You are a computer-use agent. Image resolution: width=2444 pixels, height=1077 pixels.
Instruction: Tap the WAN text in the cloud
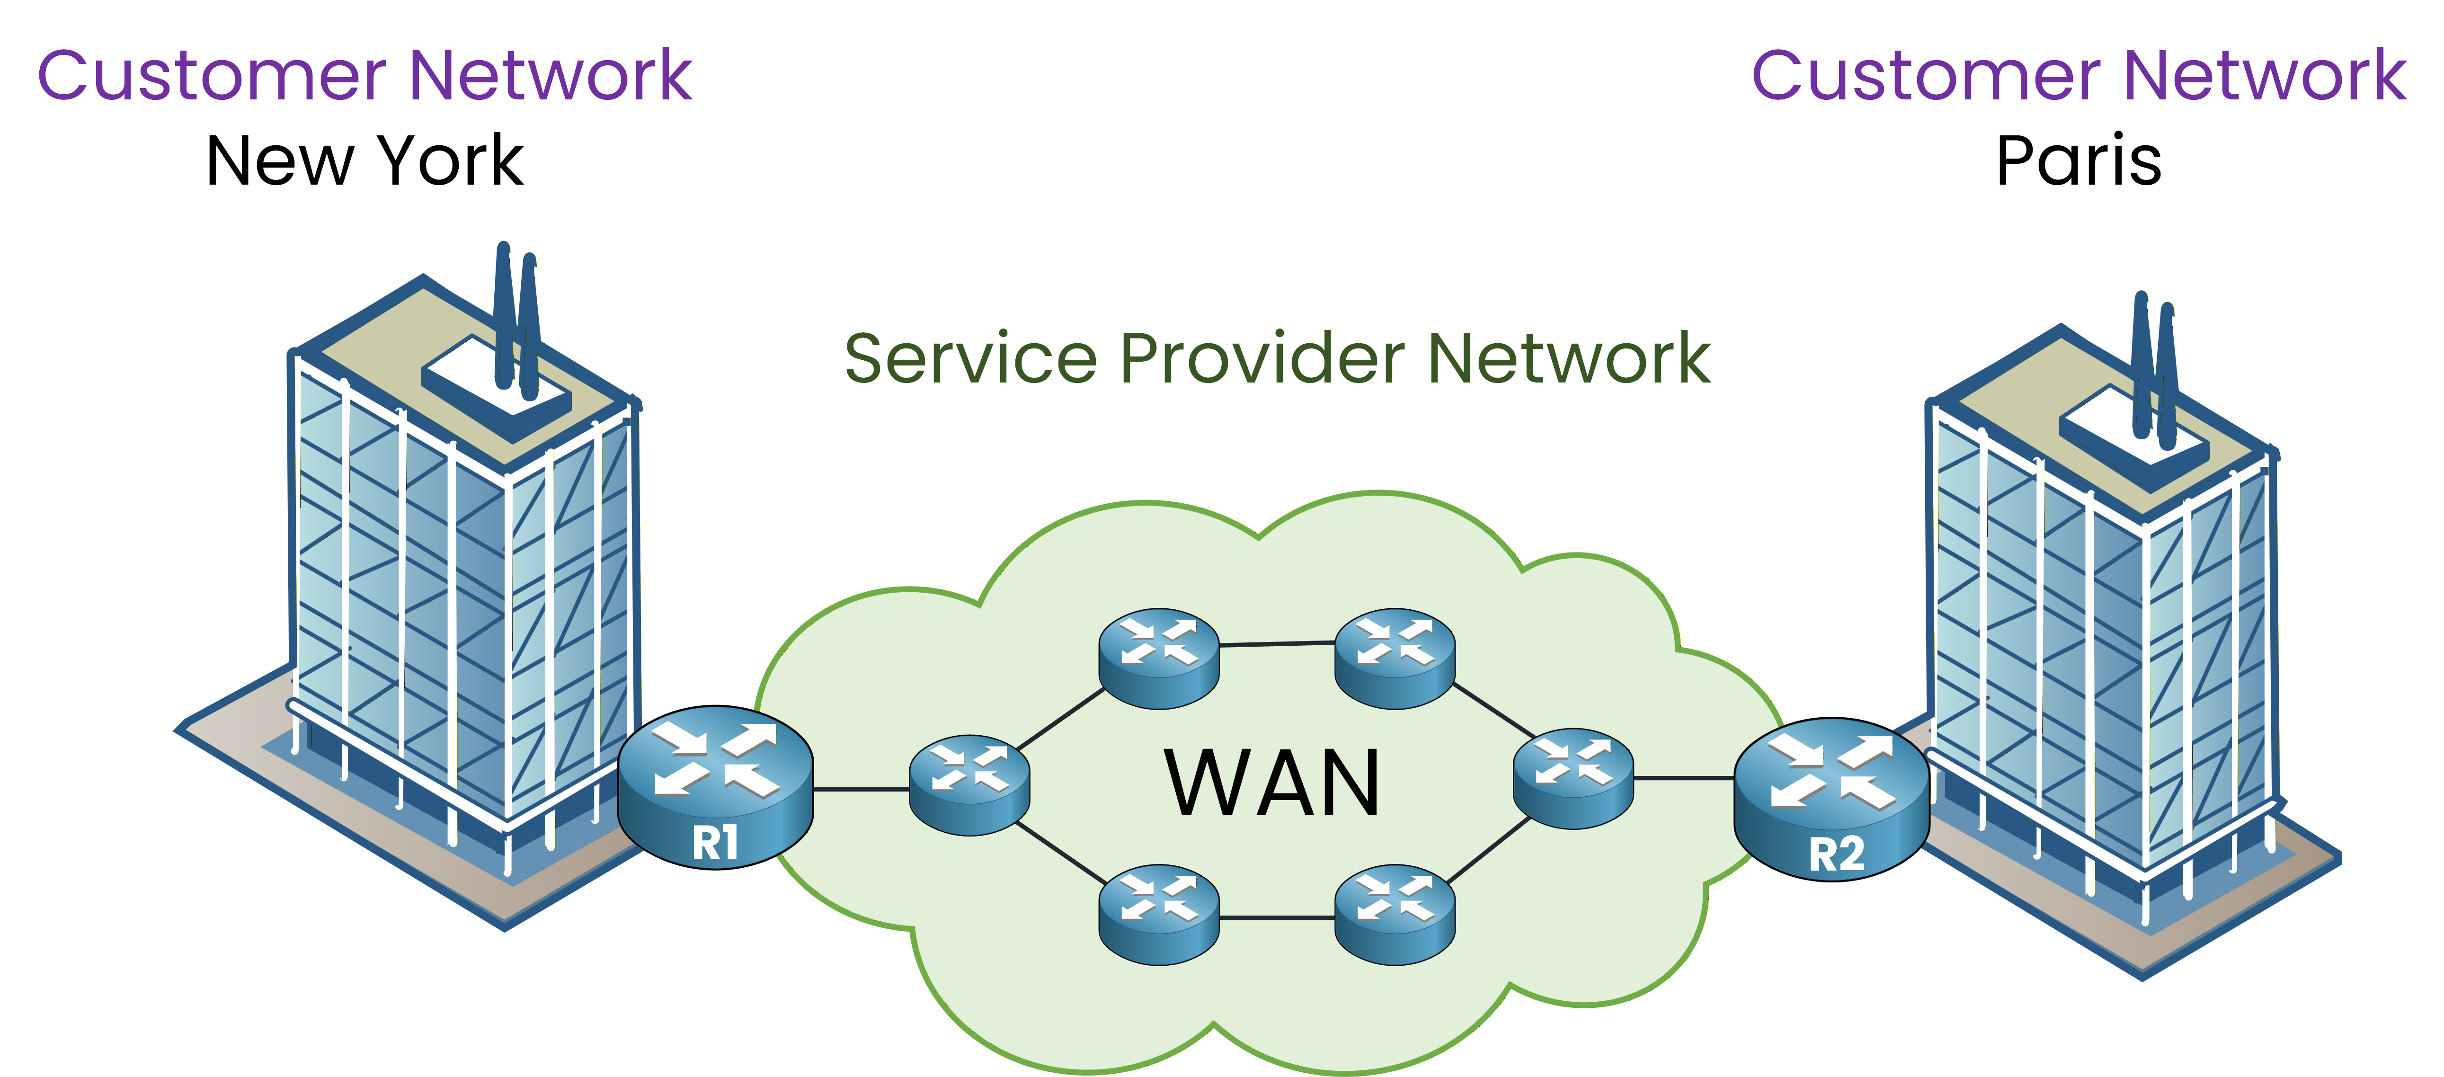[1271, 783]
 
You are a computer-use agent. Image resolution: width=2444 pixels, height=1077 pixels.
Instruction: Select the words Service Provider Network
[1276, 359]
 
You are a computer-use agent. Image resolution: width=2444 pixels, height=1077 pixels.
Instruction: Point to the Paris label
[2078, 161]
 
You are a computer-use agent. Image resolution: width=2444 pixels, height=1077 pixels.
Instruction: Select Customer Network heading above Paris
[2078, 76]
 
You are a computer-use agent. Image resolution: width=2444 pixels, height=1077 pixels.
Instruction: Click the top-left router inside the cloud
[1158, 658]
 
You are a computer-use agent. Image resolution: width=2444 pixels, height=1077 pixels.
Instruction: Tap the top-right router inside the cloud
[1394, 658]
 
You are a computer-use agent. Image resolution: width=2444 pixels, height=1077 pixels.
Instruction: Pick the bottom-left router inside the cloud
[1158, 914]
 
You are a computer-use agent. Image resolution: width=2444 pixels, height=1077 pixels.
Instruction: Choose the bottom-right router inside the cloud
[1394, 914]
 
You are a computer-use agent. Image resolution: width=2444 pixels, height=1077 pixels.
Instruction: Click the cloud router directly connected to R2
[1573, 778]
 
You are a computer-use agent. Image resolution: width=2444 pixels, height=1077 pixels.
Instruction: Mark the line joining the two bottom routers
[1276, 917]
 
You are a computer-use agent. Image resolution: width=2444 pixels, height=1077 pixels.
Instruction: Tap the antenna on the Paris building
[2154, 370]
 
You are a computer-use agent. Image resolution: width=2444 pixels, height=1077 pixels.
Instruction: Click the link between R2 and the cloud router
[1684, 778]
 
